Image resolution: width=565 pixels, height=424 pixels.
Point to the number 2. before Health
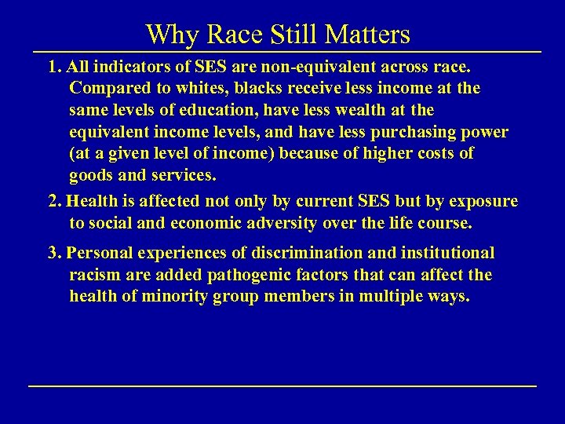click(x=55, y=201)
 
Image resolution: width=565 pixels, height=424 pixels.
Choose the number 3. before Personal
click(x=55, y=253)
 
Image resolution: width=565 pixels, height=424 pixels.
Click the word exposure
click(x=479, y=201)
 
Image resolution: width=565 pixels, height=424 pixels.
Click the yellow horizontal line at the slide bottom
click(x=282, y=386)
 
